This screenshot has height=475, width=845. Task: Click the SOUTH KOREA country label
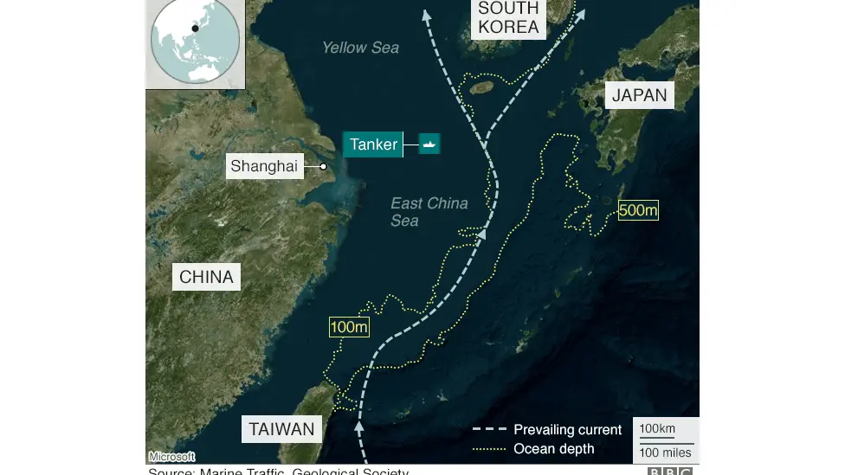tap(508, 17)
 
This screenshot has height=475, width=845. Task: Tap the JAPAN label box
tap(639, 95)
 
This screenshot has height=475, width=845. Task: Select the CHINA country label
tap(206, 277)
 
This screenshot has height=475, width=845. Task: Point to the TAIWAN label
tap(282, 429)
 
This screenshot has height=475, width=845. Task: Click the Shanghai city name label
tap(264, 166)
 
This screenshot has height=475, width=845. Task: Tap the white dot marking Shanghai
tap(323, 166)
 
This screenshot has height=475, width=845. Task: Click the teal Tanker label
tap(374, 144)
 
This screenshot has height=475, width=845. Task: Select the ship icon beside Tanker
tap(430, 144)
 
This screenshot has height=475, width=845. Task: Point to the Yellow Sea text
tap(360, 48)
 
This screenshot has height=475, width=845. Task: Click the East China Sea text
tap(429, 212)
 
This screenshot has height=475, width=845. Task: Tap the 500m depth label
tap(638, 210)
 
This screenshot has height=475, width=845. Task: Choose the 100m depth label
tap(349, 327)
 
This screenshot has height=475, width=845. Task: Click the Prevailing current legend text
tap(567, 430)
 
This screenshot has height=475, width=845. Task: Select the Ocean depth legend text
tap(553, 448)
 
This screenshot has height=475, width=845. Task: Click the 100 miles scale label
tap(665, 453)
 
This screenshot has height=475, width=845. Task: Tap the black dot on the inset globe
tap(196, 29)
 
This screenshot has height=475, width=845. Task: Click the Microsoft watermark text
tap(171, 457)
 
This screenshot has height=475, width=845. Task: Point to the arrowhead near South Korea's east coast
tap(580, 15)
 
